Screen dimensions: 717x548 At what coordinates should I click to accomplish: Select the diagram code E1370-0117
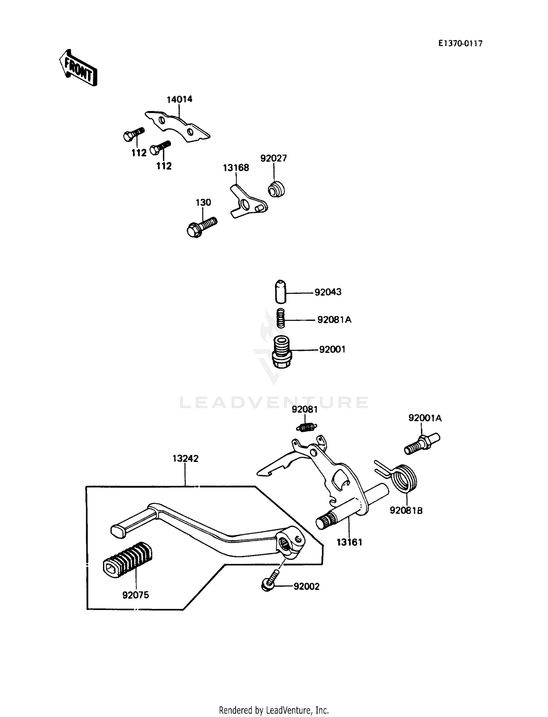(460, 43)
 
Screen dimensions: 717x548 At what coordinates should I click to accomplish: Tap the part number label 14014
(179, 99)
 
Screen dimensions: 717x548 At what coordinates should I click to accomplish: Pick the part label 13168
(236, 168)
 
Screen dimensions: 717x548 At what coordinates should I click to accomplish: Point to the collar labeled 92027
(277, 189)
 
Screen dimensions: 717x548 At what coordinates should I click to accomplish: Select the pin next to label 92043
(281, 292)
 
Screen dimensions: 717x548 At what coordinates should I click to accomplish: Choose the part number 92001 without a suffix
(332, 349)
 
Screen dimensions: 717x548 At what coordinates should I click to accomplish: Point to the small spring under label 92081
(306, 426)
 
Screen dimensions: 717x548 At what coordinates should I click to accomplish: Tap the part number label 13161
(349, 542)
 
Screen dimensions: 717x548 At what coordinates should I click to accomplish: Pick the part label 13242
(185, 459)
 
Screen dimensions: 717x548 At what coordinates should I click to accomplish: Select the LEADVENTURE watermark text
(274, 403)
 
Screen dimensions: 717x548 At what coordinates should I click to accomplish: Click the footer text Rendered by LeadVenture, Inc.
(274, 710)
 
